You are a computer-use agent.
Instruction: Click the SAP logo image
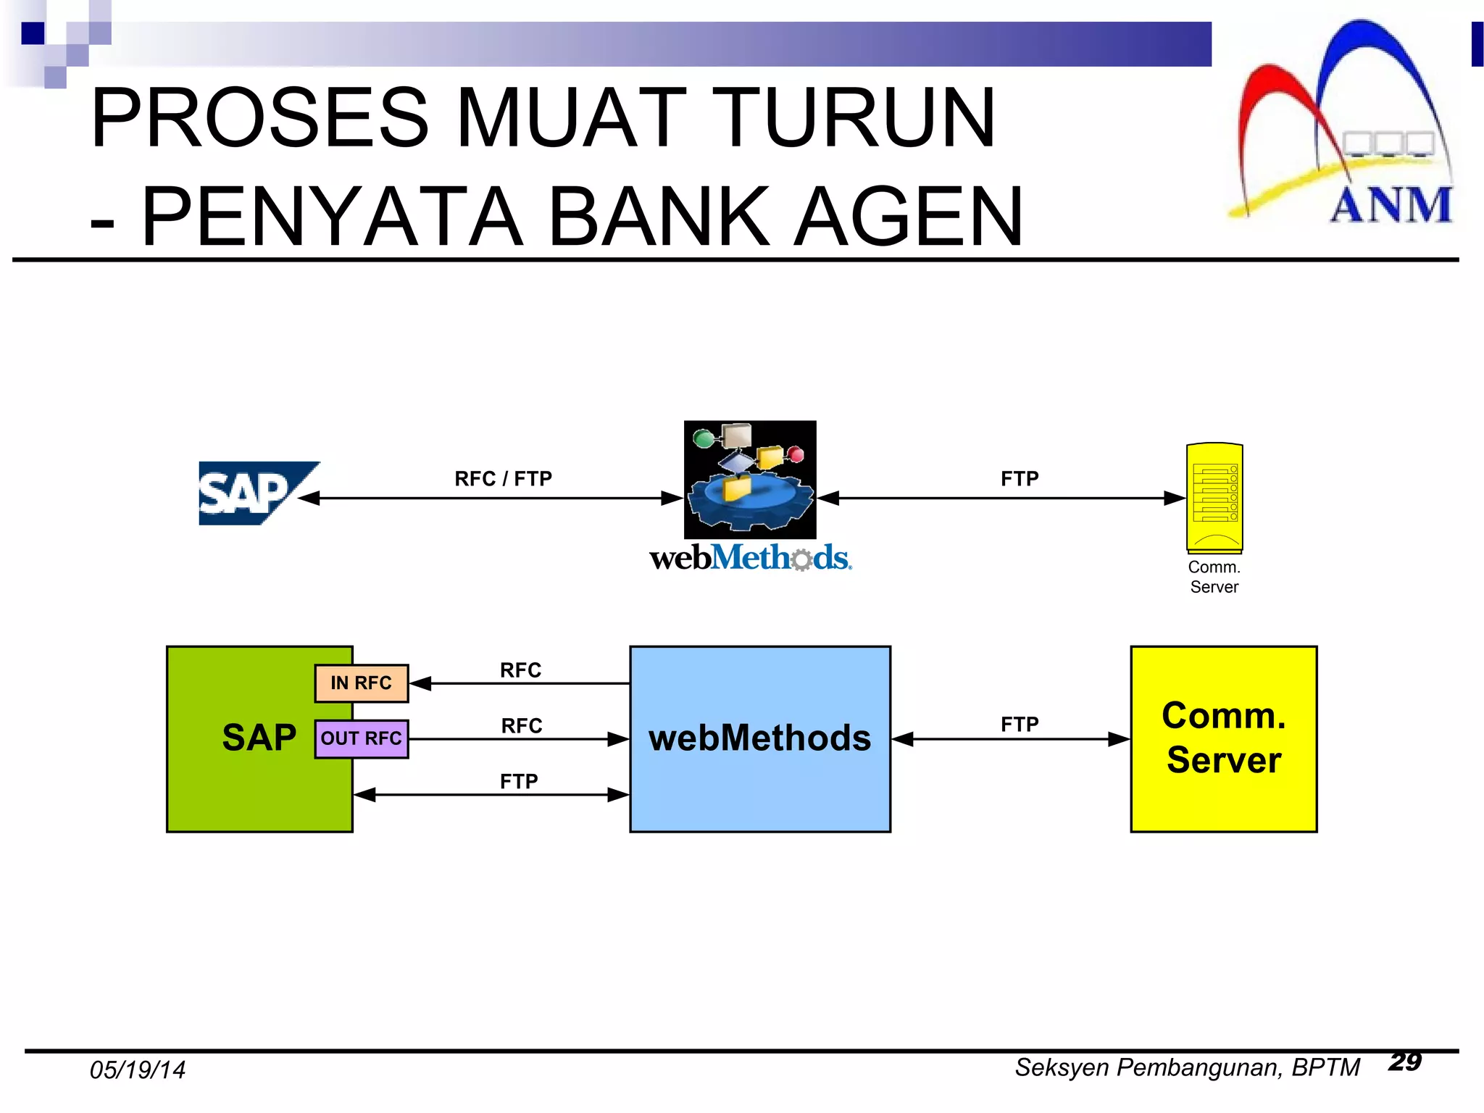coord(257,493)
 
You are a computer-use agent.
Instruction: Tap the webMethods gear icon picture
coord(750,480)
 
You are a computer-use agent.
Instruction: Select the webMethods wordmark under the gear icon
coord(750,558)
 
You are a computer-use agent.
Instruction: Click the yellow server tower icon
coord(1214,498)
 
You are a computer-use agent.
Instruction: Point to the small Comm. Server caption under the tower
coord(1214,577)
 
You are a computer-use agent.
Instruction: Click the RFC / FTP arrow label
coord(503,479)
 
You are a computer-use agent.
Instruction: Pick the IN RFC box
coord(362,683)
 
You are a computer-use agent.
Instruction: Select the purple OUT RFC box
coord(362,739)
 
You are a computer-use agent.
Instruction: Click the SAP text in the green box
coord(259,738)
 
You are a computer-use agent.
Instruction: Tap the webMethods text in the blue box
coord(759,738)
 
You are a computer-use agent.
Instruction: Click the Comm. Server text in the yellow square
coord(1224,738)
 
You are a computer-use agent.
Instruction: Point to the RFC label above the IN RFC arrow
coord(520,670)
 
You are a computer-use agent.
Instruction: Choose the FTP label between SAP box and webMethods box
coord(519,782)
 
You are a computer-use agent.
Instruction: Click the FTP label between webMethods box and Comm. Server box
coord(1020,725)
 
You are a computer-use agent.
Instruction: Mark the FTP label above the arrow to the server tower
coord(1020,479)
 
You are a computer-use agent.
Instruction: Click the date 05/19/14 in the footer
coord(138,1070)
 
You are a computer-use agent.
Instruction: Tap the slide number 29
coord(1404,1062)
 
